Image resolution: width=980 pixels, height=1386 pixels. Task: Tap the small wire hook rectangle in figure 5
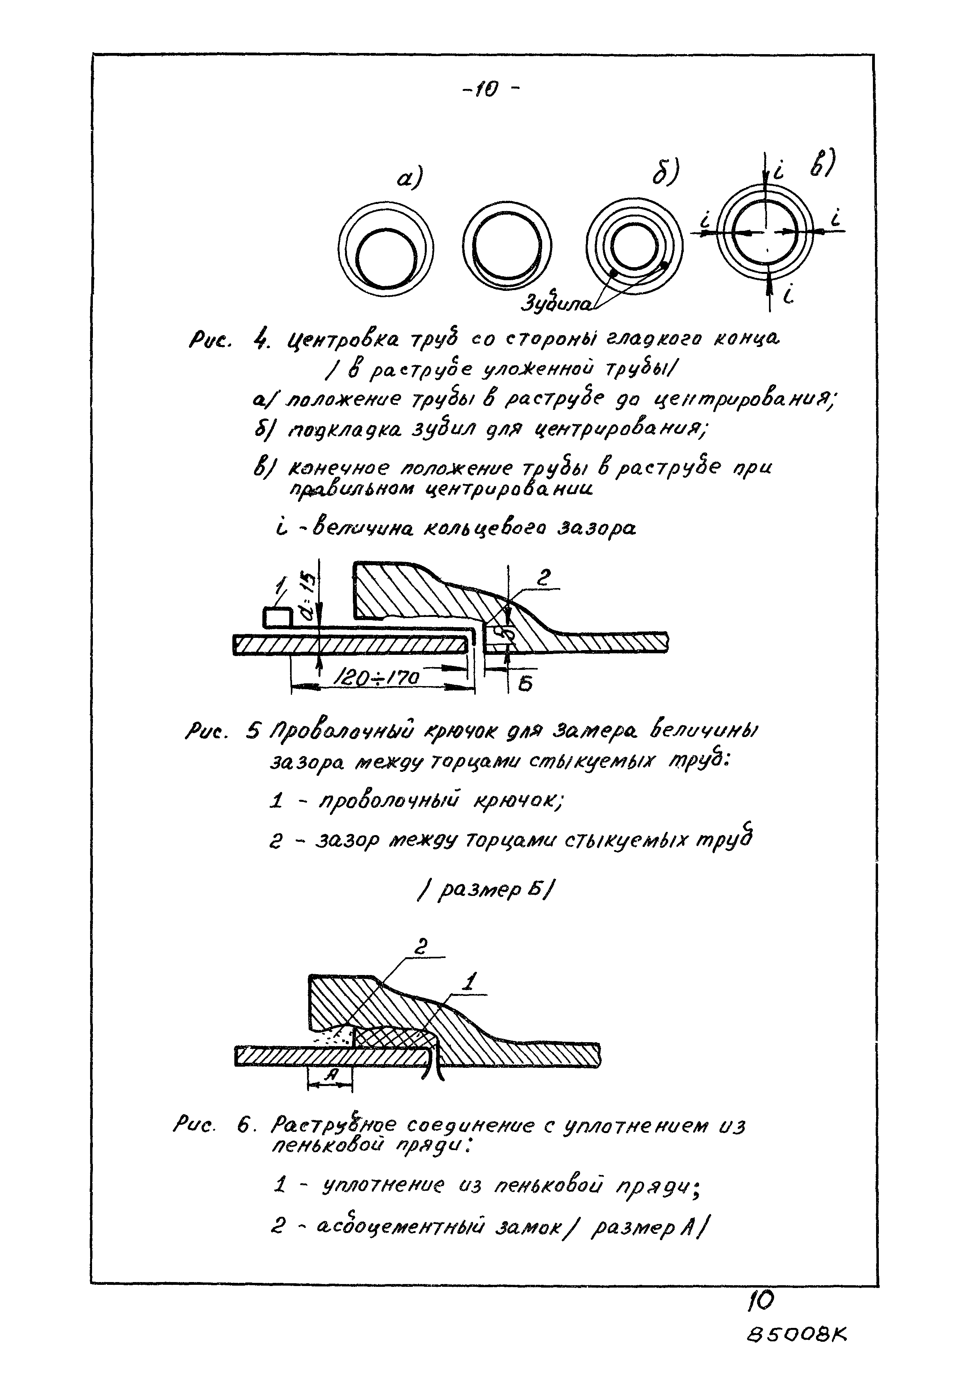[x=277, y=618]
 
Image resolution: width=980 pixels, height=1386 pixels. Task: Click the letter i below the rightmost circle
[x=789, y=295]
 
